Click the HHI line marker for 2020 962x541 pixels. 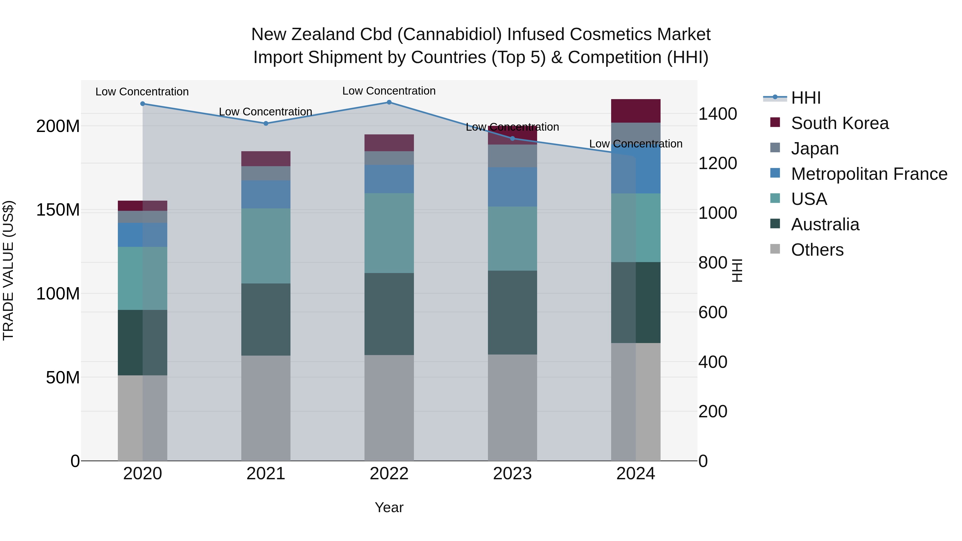coord(143,104)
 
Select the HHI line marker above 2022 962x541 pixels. coord(389,102)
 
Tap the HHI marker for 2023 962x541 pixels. coord(512,138)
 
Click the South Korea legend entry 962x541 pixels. coord(840,123)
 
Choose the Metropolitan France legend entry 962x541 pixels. coord(869,174)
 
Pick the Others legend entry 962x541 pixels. coord(817,250)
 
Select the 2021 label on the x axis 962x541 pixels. coord(266,474)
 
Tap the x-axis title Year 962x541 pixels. coord(389,507)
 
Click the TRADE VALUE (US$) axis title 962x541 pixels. coord(8,270)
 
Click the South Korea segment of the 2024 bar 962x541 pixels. coord(636,111)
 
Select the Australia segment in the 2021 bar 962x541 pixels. coord(266,319)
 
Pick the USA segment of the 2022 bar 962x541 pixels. coord(389,233)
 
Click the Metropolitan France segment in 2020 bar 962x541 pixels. coord(143,235)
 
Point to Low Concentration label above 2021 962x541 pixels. coord(266,112)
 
